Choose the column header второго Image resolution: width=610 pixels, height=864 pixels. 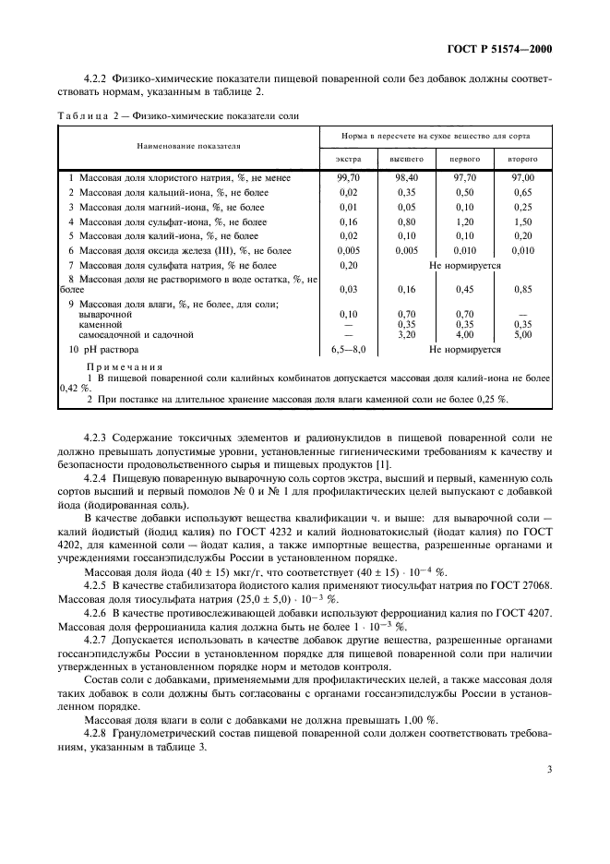click(522, 160)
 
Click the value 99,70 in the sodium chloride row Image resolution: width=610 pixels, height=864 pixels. click(348, 176)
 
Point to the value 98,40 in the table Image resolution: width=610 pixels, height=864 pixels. click(406, 176)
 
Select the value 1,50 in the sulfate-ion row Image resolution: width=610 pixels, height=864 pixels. click(522, 222)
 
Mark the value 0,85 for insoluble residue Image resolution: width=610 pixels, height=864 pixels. click(522, 289)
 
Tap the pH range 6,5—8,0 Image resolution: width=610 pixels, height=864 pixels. click(348, 350)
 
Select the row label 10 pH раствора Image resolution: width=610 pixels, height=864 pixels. click(103, 350)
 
